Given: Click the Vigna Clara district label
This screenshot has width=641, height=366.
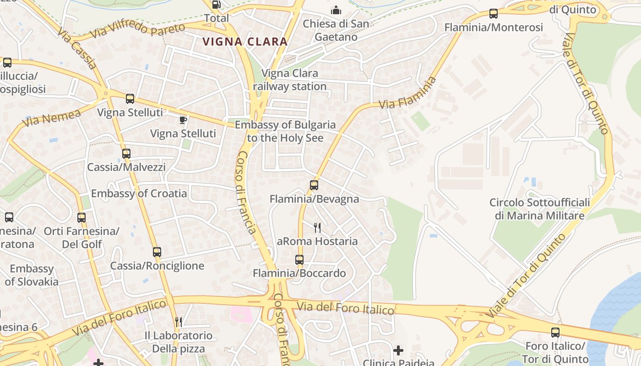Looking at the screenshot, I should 245,42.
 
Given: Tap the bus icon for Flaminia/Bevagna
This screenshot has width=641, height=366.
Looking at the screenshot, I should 314,185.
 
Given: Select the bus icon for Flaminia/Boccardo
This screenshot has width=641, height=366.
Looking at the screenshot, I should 299,260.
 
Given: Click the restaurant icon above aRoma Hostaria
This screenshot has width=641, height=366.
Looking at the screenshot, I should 317,227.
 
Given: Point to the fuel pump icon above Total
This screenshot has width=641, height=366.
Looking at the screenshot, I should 216,5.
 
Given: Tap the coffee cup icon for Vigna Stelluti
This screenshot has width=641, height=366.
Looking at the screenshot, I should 183,120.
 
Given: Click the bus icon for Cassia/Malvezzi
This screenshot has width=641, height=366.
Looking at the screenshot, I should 126,154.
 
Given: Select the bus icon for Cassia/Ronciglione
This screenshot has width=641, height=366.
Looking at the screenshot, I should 157,252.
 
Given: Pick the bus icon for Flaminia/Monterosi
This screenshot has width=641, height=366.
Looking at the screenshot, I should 494,14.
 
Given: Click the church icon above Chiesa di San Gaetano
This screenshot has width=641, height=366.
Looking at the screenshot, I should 336,10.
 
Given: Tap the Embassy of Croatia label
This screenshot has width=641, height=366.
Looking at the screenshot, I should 139,194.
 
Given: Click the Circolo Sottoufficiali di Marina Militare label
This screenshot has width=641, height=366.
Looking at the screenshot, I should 539,209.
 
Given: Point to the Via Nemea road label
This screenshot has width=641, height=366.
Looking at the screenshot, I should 51,117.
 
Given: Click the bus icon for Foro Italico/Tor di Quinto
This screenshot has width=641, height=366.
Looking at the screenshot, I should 555,333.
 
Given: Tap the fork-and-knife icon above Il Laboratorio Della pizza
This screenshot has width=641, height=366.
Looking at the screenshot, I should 179,322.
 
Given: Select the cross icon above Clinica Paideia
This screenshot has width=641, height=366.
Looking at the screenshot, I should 398,350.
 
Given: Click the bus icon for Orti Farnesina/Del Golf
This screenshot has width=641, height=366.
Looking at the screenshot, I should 81,218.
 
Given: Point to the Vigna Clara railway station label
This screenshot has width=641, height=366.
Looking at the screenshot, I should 289,80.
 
